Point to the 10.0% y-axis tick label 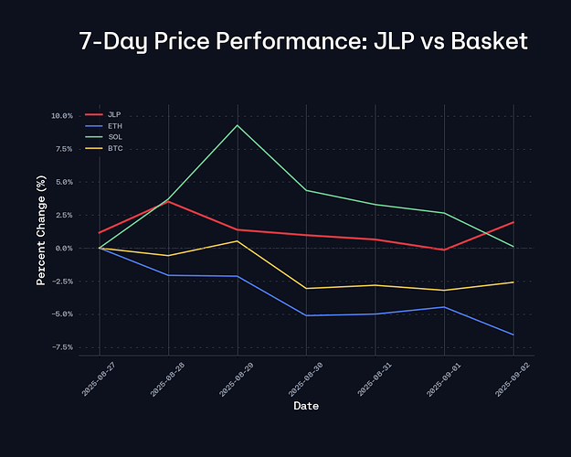click(61, 116)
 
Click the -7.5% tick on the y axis click(61, 347)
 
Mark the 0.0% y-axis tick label click(64, 248)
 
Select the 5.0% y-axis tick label click(64, 182)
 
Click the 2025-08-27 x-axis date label click(92, 377)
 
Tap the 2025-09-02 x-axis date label click(505, 377)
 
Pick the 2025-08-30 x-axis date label click(299, 377)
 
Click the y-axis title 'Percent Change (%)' click(40, 231)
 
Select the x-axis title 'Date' click(306, 406)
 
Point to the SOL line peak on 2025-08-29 click(238, 125)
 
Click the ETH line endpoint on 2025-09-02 click(513, 335)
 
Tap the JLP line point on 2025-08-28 click(168, 201)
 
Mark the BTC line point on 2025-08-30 click(306, 288)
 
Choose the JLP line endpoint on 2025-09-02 click(513, 222)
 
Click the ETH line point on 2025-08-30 click(306, 315)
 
